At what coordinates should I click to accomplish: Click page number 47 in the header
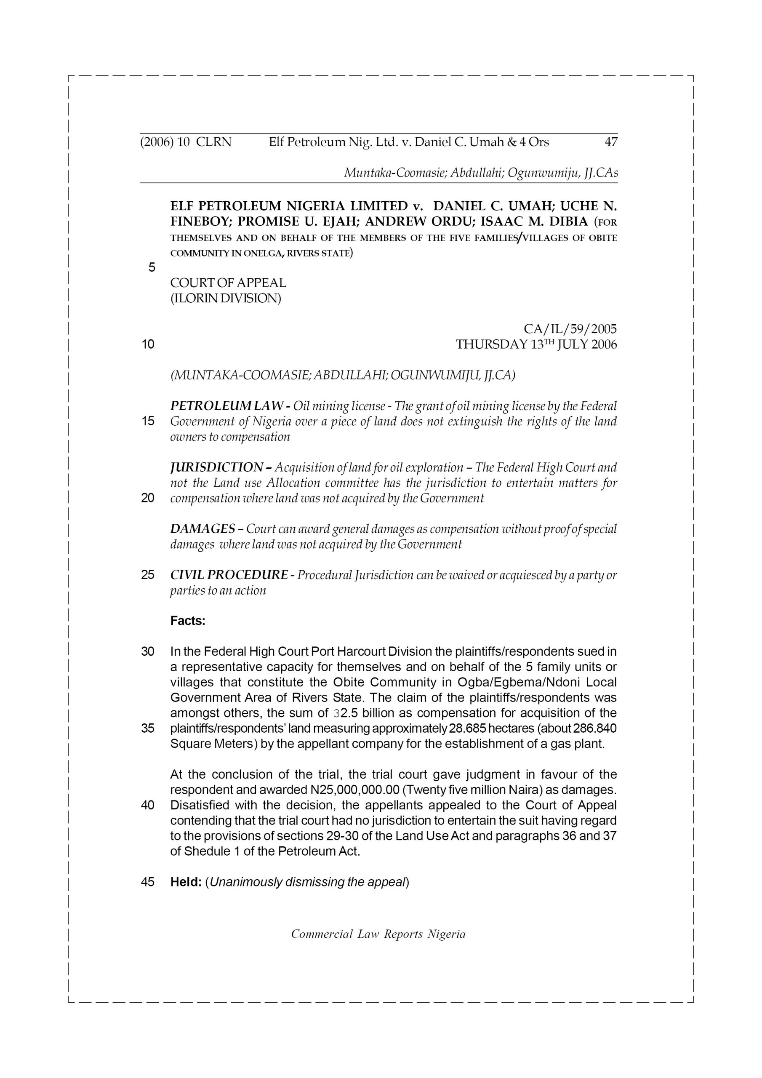(x=610, y=142)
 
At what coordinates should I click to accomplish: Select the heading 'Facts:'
(x=188, y=621)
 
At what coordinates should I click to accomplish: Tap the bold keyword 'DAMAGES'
(x=202, y=529)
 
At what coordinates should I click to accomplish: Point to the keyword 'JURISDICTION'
(x=216, y=468)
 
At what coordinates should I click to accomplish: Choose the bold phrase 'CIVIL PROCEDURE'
(x=229, y=575)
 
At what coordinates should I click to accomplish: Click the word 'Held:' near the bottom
(x=186, y=882)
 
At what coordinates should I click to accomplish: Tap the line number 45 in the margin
(x=147, y=882)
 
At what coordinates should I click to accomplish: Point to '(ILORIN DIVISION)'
(x=225, y=298)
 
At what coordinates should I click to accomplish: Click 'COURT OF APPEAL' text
(x=228, y=283)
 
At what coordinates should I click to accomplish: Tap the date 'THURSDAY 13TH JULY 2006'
(x=536, y=344)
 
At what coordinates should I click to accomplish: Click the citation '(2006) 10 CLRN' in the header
(x=186, y=142)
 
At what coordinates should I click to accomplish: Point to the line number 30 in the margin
(x=147, y=652)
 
